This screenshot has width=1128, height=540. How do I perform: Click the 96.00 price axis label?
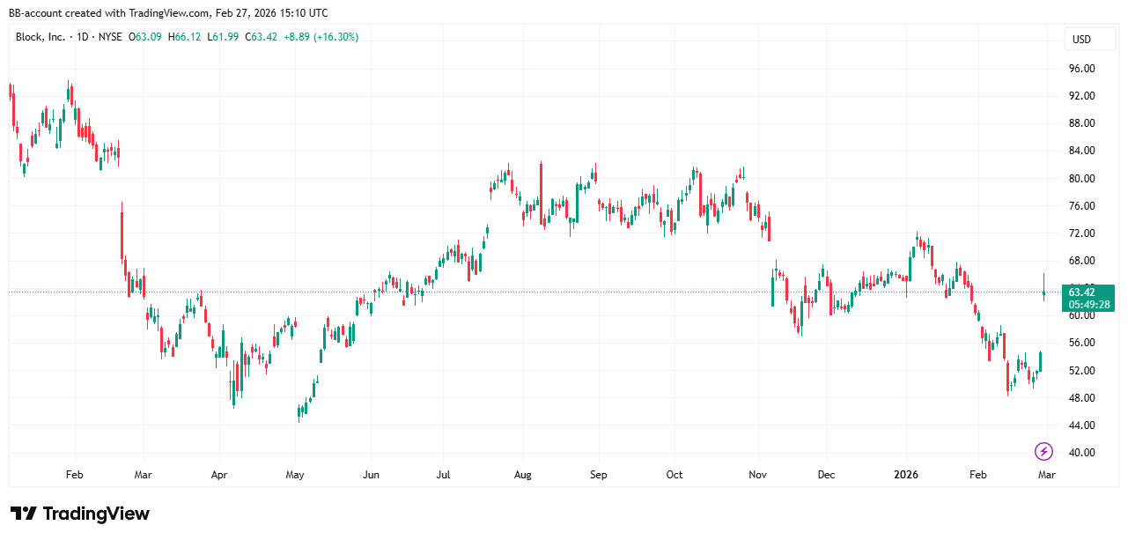[x=1081, y=68]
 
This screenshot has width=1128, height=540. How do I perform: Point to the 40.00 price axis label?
[x=1081, y=453]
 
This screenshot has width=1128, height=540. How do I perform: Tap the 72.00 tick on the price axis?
[x=1081, y=233]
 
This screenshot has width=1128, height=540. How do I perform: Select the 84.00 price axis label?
[x=1081, y=151]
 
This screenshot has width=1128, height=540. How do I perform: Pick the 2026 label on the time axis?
[x=905, y=475]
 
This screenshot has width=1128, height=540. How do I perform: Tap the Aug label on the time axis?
[x=522, y=475]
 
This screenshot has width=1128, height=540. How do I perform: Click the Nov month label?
[x=757, y=475]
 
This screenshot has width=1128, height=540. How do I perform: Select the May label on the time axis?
[x=295, y=475]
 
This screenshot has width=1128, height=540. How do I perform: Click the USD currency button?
[x=1081, y=40]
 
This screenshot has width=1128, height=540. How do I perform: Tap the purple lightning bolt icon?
[x=1043, y=452]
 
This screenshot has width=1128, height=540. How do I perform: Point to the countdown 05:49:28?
[x=1088, y=305]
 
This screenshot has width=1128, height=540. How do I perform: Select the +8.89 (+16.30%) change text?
[x=321, y=37]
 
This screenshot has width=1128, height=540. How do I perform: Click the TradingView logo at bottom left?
[x=80, y=514]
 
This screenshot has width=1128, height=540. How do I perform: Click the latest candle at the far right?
[x=1044, y=292]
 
